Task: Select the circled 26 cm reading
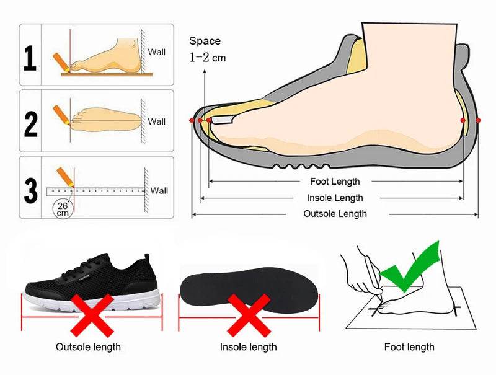point(62,208)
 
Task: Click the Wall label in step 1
point(157,52)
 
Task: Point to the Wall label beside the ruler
point(159,190)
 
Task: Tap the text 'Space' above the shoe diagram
point(205,41)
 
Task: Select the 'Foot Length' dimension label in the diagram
point(335,182)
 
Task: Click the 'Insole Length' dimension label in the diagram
point(335,198)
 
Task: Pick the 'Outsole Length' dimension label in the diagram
point(335,214)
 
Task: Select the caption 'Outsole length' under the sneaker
point(89,347)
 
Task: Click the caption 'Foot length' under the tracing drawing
point(409,347)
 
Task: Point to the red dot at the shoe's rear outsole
point(478,120)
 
